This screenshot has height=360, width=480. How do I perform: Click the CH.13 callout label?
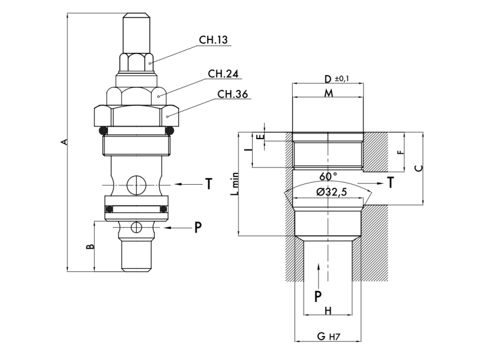click(x=214, y=40)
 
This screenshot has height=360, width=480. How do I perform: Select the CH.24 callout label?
click(x=224, y=74)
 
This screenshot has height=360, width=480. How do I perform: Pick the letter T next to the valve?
click(x=208, y=184)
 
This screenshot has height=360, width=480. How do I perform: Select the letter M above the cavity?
click(x=328, y=94)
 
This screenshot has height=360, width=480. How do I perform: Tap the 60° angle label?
click(x=328, y=176)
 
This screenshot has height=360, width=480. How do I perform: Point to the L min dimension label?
click(x=236, y=184)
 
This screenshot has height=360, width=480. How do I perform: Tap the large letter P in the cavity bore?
click(x=319, y=295)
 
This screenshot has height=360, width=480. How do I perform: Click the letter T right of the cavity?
click(x=391, y=182)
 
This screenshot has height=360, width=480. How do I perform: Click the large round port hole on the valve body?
click(x=137, y=184)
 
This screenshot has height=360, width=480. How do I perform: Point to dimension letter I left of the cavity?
click(x=247, y=150)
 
